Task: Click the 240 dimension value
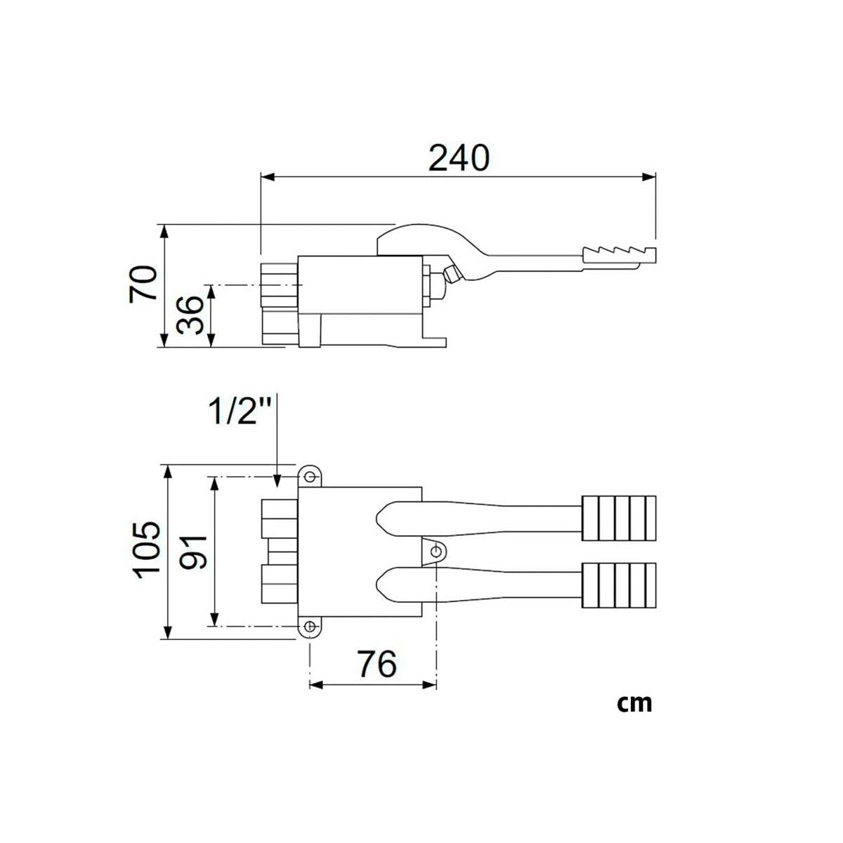pos(459,158)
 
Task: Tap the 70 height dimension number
pos(143,284)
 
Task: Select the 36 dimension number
pos(190,315)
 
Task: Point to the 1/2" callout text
pos(239,411)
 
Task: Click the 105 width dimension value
pos(147,551)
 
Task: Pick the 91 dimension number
pos(193,551)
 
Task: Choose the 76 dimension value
pos(377,664)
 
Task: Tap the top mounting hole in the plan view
pos(310,476)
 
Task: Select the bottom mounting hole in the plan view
pos(310,626)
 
